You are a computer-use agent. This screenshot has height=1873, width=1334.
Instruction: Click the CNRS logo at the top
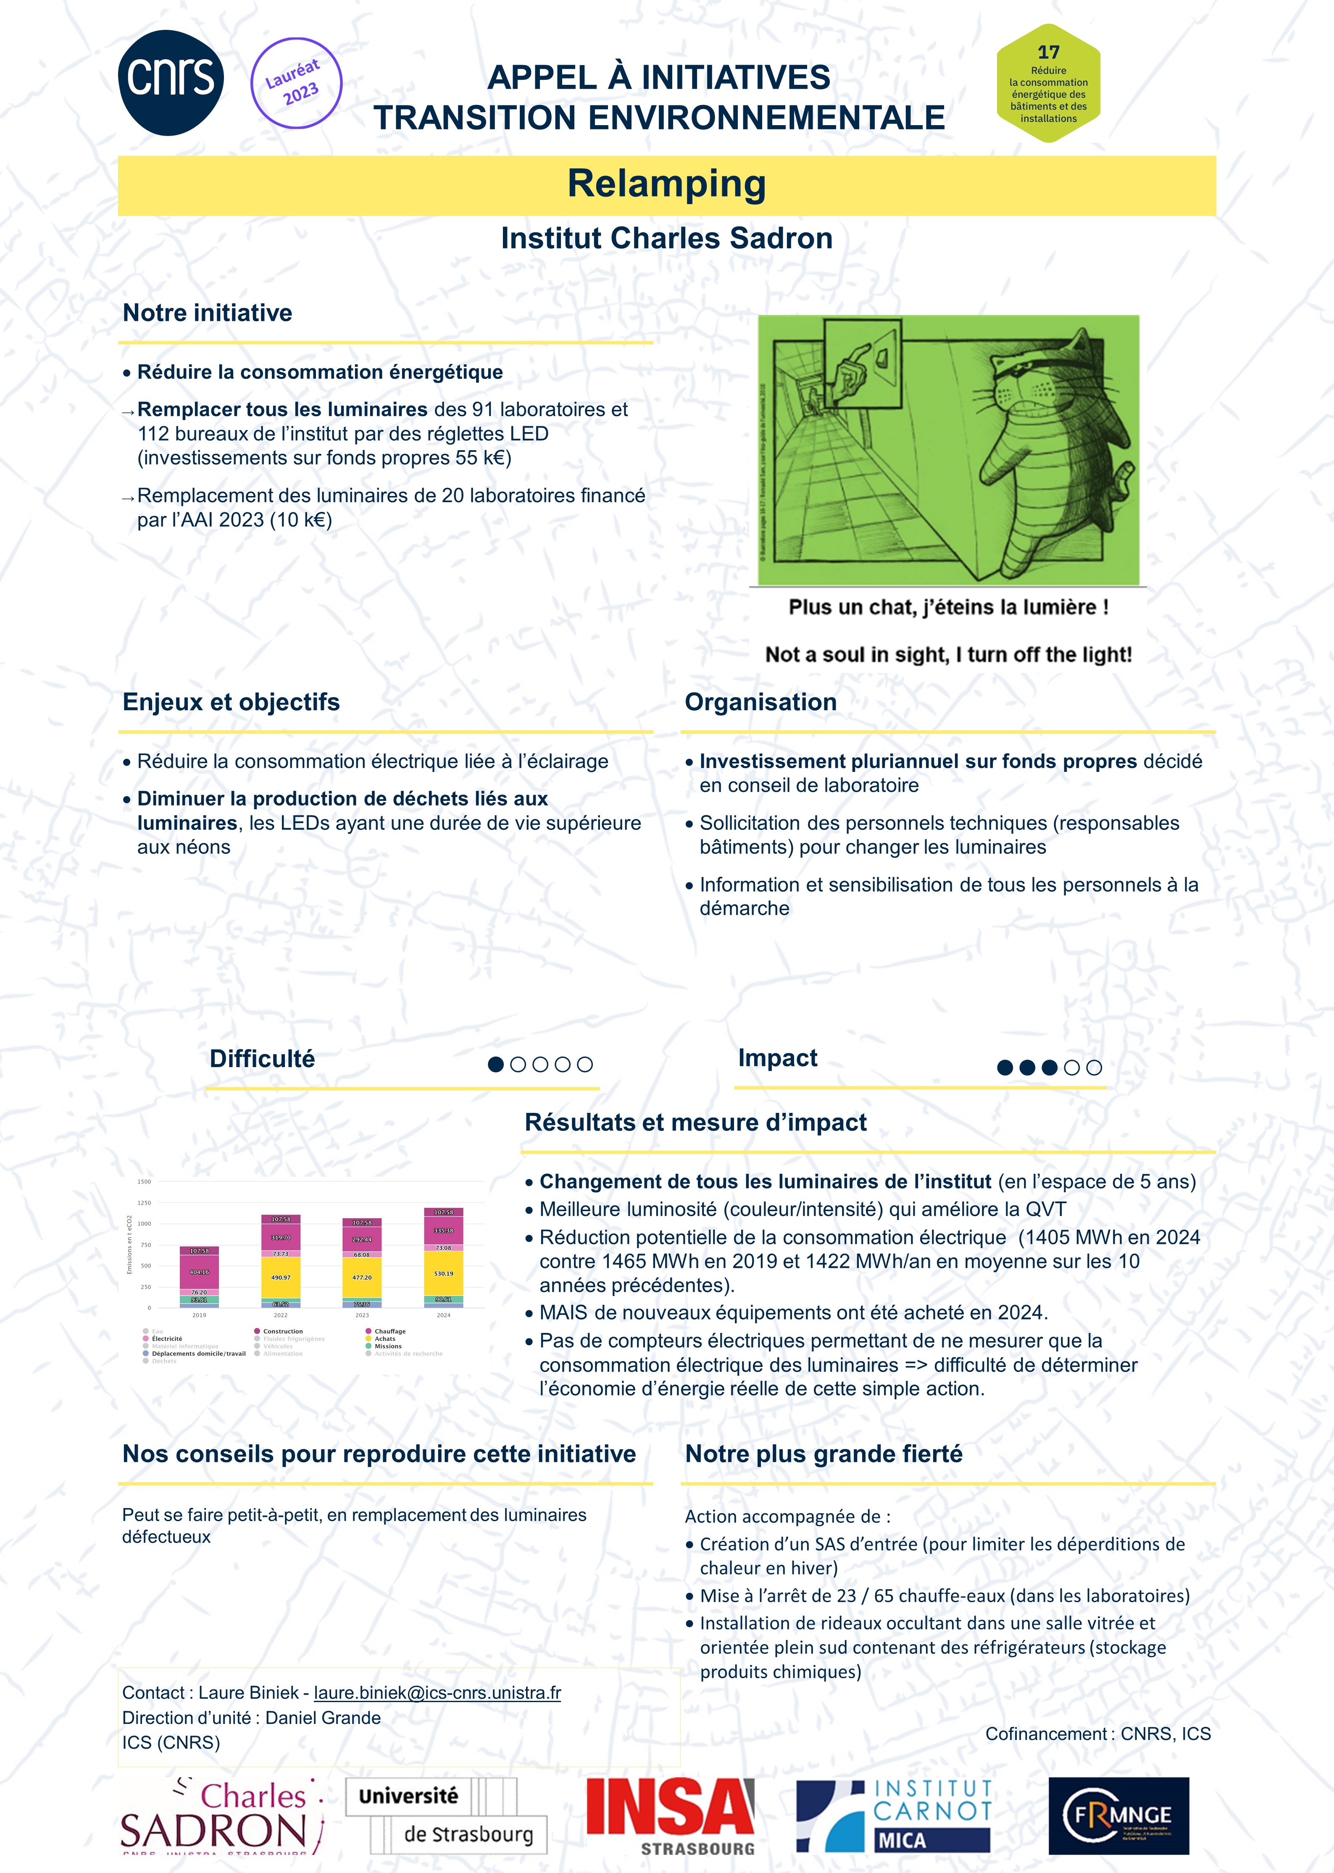(x=171, y=82)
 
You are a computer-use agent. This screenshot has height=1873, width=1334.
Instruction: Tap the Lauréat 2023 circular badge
(x=296, y=83)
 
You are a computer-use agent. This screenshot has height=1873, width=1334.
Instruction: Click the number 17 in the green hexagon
(x=1048, y=52)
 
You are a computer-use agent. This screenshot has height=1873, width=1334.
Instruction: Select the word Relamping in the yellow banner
(x=666, y=184)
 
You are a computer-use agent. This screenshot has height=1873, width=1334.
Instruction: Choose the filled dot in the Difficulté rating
(x=495, y=1064)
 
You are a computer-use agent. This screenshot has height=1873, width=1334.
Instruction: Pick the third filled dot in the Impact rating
(x=1049, y=1068)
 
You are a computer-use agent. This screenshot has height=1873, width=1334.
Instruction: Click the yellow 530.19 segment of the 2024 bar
(x=444, y=1274)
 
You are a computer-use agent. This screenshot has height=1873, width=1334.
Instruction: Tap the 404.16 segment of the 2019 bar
(x=200, y=1272)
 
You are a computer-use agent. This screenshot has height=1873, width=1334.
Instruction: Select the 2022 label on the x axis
(x=281, y=1315)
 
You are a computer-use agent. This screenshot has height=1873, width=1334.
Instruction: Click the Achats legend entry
(x=384, y=1338)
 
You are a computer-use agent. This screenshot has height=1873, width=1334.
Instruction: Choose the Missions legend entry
(x=388, y=1346)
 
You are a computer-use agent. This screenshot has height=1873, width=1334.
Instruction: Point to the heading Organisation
(x=760, y=702)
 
